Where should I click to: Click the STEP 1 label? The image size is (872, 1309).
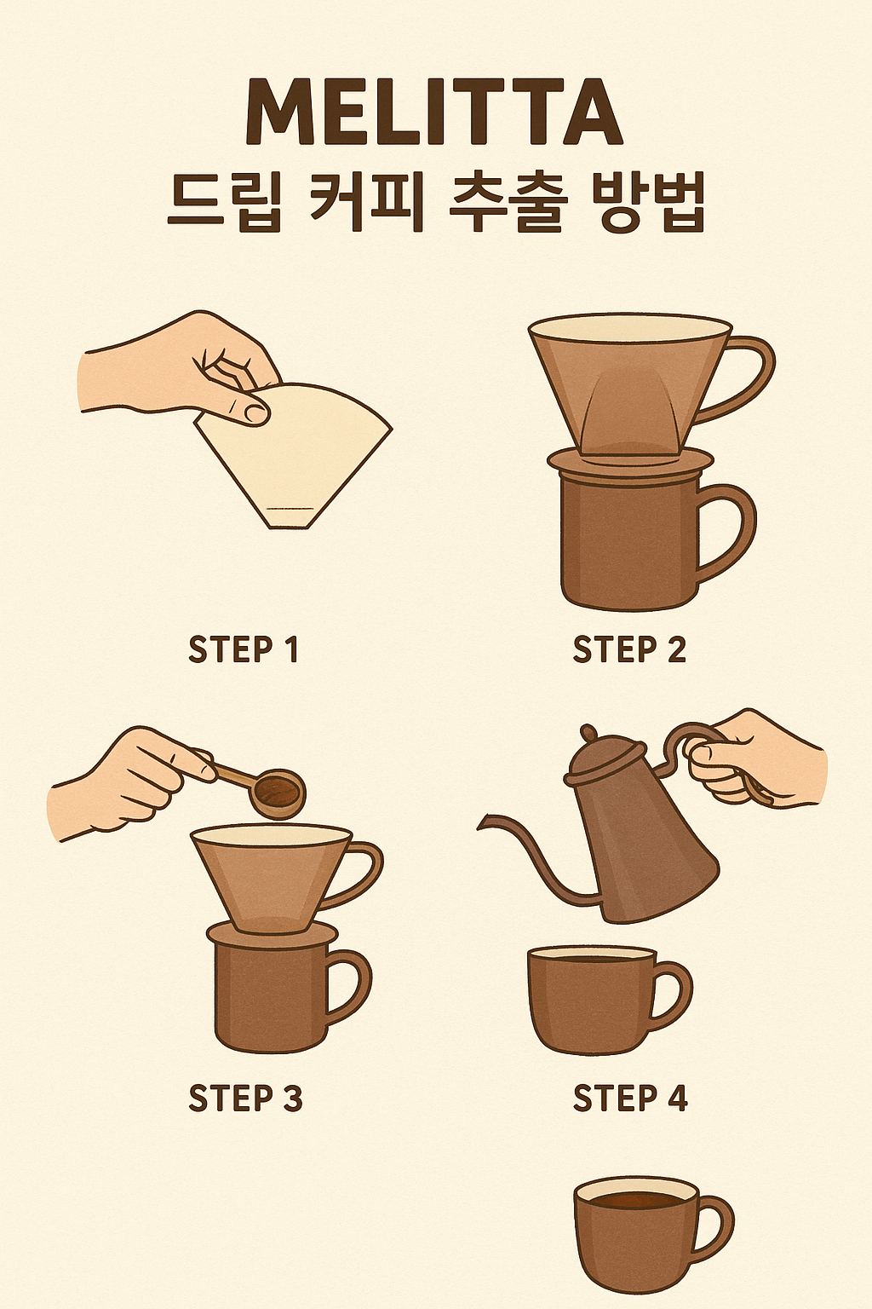[x=244, y=649]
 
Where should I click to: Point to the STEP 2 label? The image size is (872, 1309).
[x=629, y=649]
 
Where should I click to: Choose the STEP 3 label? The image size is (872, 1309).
[x=246, y=1098]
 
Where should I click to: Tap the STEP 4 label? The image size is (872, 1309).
[x=630, y=1098]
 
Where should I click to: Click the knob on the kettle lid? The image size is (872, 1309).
[x=588, y=732]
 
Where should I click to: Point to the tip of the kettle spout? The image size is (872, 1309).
[x=480, y=825]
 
